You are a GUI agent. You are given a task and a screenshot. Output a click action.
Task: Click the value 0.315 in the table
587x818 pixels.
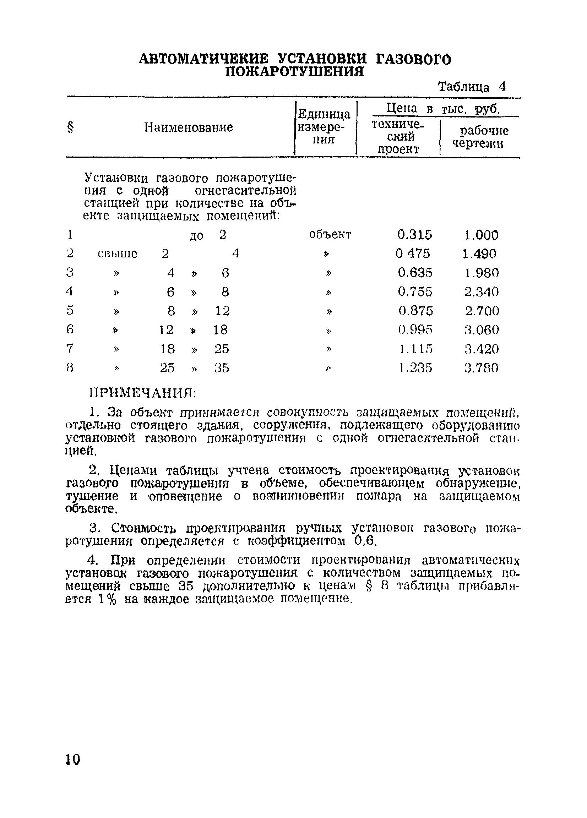(x=414, y=235)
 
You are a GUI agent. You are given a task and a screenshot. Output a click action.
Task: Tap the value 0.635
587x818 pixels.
(x=414, y=273)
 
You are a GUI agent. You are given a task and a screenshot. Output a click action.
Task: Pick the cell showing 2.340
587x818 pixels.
(x=481, y=291)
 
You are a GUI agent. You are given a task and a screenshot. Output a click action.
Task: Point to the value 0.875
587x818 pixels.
(x=415, y=311)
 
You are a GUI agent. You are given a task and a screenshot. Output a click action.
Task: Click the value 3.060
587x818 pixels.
(x=481, y=330)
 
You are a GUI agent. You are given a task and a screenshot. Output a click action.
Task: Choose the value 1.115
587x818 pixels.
(x=415, y=349)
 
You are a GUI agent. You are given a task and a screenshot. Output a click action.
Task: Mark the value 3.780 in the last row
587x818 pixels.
(x=481, y=368)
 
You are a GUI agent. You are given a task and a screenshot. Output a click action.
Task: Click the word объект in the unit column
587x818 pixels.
(x=330, y=235)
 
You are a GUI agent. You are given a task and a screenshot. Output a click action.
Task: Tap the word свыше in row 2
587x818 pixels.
(x=117, y=254)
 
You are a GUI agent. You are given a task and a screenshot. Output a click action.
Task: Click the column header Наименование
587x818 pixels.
(x=188, y=127)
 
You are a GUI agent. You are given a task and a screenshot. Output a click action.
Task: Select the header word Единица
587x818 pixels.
(x=324, y=114)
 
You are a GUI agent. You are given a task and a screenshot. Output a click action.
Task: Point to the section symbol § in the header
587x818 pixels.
(x=70, y=127)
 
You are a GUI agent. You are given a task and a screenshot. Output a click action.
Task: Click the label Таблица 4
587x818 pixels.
(x=472, y=87)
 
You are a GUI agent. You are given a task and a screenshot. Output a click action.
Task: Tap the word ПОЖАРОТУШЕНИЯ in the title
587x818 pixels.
(x=294, y=72)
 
